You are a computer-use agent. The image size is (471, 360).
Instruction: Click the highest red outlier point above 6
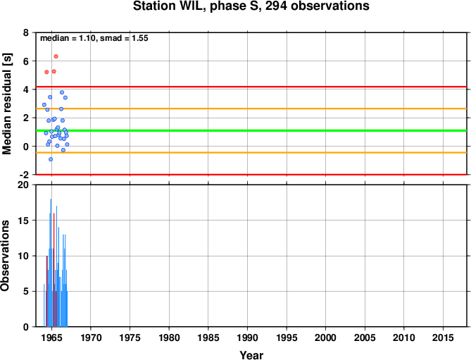click(56, 56)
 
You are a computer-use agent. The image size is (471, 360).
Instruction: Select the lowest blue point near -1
click(51, 159)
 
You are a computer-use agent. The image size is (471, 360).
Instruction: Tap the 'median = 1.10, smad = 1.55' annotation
click(94, 38)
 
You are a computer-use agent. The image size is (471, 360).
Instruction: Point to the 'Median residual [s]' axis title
click(6, 104)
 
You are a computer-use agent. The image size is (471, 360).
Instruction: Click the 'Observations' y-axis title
click(5, 256)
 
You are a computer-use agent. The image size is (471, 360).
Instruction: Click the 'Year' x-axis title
click(251, 355)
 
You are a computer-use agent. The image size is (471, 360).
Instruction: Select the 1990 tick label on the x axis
click(247, 337)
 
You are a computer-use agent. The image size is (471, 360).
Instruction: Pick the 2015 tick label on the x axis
click(443, 337)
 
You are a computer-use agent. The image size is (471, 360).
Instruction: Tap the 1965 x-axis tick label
click(51, 337)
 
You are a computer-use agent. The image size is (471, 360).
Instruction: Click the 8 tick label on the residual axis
click(25, 32)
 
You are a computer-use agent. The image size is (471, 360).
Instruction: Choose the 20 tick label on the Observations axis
click(23, 185)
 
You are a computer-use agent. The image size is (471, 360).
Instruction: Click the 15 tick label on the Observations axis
click(23, 221)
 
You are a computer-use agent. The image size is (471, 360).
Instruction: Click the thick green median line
click(251, 130)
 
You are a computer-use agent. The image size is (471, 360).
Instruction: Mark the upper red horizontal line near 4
click(251, 87)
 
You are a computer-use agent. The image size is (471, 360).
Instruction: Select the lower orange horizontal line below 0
click(251, 153)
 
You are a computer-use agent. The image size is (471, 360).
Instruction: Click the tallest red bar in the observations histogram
click(54, 270)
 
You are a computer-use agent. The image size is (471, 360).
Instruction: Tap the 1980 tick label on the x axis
click(169, 337)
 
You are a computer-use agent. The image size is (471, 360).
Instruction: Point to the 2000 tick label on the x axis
click(325, 337)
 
